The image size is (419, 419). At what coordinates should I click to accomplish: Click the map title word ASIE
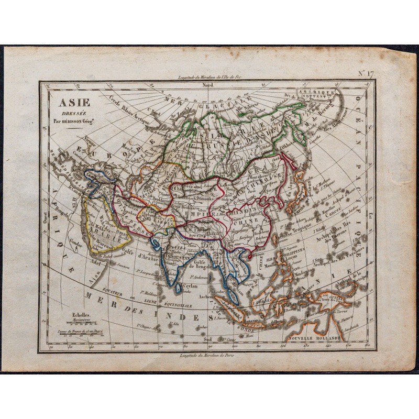pyautogui.click(x=65, y=96)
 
